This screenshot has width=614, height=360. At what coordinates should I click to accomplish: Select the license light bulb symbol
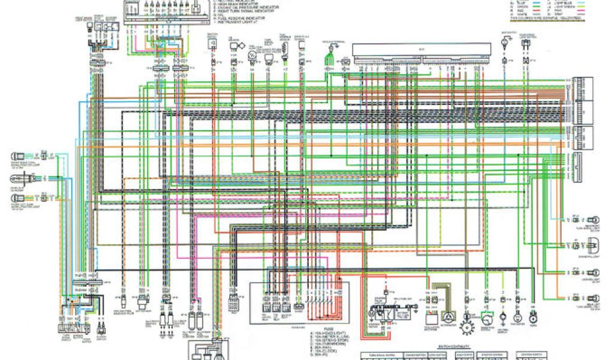(594, 272)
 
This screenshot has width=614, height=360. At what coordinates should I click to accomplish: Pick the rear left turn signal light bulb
(594, 297)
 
